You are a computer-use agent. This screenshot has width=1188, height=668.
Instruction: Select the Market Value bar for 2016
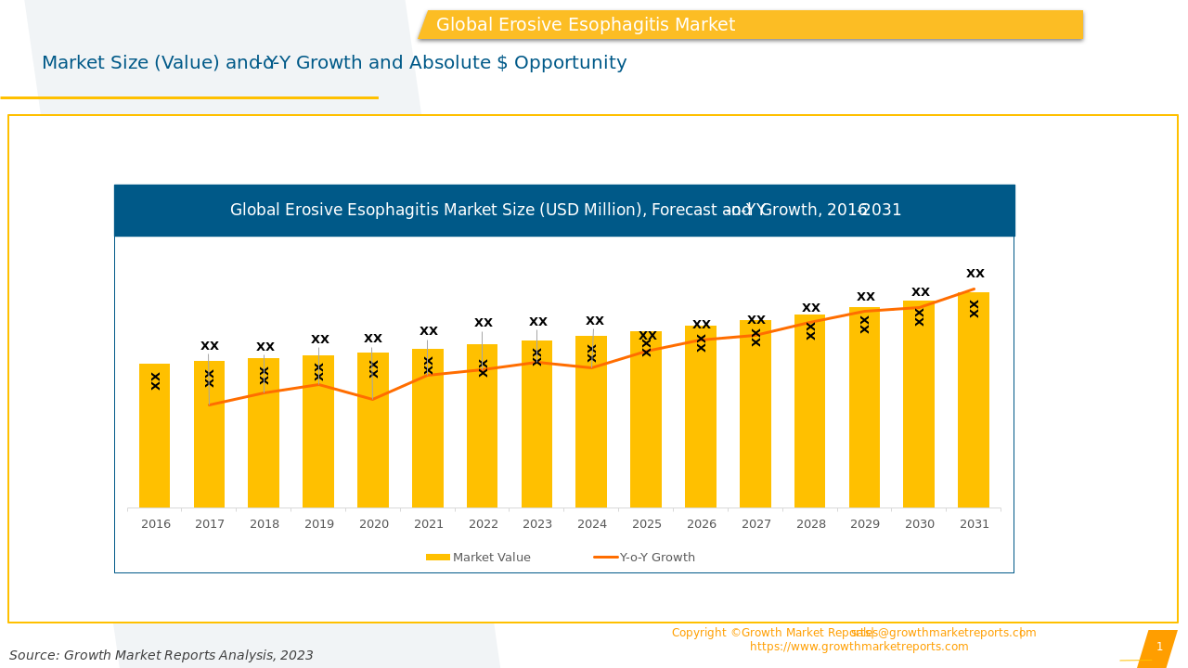click(155, 436)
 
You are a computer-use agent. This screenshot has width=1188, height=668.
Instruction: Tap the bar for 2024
click(591, 436)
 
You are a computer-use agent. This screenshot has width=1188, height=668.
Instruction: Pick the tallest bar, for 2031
click(974, 408)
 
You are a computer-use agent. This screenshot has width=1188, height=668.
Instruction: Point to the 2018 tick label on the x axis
click(265, 524)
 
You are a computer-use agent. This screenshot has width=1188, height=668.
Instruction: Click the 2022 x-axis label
click(483, 524)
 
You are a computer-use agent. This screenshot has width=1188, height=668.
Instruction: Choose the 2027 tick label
click(756, 524)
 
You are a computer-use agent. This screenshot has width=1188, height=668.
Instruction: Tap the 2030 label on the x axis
click(920, 524)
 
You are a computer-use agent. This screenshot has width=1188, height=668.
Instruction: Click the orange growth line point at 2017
click(210, 405)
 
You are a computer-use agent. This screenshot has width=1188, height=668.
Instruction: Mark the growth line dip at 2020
click(373, 399)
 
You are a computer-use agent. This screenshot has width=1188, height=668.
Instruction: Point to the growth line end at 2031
click(974, 289)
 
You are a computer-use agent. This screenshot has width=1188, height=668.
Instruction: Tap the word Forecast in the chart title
click(684, 211)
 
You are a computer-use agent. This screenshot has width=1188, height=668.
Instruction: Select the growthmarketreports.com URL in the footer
click(859, 647)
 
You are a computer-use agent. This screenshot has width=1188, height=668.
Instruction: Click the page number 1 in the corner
click(1159, 647)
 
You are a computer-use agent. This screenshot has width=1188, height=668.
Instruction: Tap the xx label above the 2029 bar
click(865, 297)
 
